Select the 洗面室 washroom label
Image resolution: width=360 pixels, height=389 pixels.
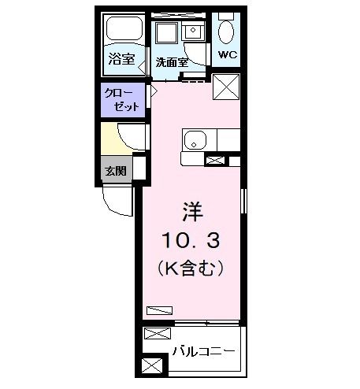pyautogui.click(x=170, y=62)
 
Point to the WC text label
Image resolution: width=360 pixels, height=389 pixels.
pyautogui.click(x=228, y=55)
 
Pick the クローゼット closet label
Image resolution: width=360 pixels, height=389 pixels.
pyautogui.click(x=121, y=99)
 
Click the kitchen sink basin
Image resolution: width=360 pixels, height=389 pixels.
pyautogui.click(x=195, y=142)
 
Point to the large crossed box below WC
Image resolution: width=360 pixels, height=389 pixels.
pyautogui.click(x=225, y=87)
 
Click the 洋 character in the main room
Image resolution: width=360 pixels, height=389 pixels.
pyautogui.click(x=193, y=211)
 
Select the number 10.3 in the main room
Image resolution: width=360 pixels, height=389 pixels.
pyautogui.click(x=193, y=239)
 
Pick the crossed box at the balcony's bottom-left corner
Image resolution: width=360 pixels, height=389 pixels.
pyautogui.click(x=152, y=365)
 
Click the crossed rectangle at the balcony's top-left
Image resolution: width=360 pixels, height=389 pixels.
pyautogui.click(x=152, y=334)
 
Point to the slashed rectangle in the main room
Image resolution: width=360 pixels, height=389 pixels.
pyautogui.click(x=159, y=309)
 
